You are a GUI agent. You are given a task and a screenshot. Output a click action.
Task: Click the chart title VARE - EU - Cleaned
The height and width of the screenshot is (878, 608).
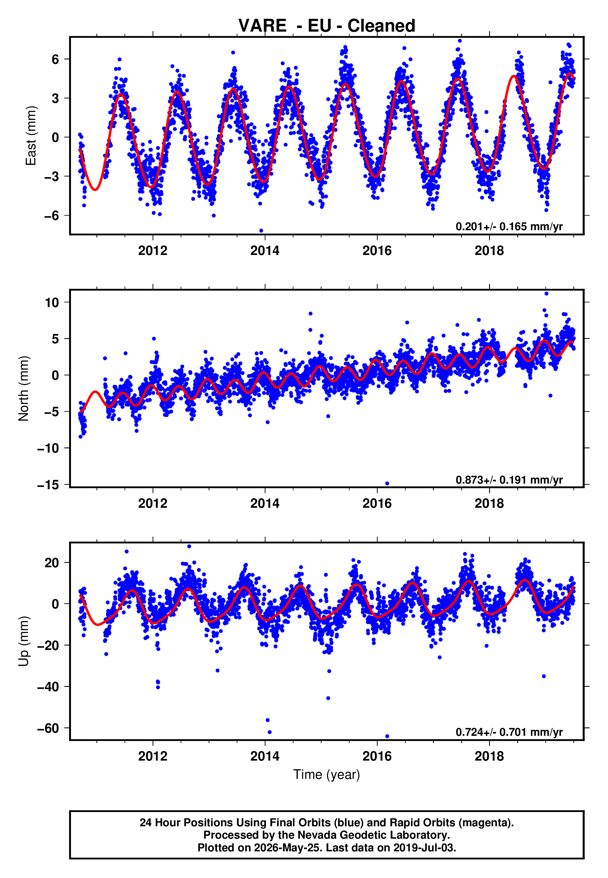click(x=327, y=26)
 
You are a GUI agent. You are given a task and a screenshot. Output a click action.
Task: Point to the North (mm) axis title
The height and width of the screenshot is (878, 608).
click(x=23, y=389)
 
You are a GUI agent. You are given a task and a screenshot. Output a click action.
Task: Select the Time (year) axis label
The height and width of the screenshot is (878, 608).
click(x=327, y=775)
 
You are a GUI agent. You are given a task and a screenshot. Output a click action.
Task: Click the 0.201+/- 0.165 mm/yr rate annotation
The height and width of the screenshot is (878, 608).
click(x=509, y=226)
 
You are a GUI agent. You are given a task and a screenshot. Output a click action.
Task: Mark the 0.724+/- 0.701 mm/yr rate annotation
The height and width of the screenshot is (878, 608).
click(x=509, y=732)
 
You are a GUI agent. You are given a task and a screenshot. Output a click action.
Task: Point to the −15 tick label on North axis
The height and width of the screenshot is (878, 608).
click(x=48, y=485)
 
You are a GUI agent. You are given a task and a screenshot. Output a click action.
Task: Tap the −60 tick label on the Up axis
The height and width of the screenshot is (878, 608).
click(x=48, y=728)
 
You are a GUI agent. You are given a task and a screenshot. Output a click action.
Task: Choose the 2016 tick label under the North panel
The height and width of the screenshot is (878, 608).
click(x=377, y=503)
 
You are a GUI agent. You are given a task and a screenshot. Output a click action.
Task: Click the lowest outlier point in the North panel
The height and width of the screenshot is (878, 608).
click(x=387, y=484)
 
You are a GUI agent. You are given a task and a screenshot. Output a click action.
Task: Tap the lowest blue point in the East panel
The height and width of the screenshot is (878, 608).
click(x=261, y=231)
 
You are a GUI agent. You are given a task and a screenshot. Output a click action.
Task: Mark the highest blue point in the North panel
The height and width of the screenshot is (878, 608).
click(x=546, y=294)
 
